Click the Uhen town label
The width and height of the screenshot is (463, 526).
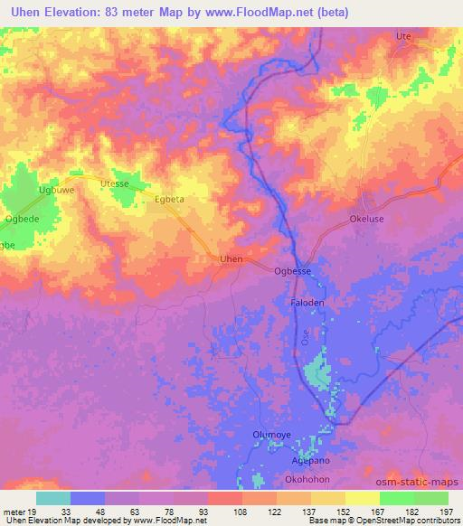(231, 259)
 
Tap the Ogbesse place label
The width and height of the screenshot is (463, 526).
(293, 269)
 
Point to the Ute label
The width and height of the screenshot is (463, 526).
(403, 36)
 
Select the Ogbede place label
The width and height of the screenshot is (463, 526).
(20, 220)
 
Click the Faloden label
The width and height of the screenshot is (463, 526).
(307, 303)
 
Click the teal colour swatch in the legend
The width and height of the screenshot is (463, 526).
(53, 498)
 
